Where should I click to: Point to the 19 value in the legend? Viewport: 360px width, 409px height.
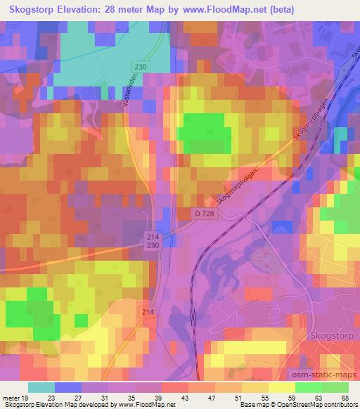pyautogui.click(x=26, y=398)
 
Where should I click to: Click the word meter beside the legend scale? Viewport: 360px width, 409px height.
pyautogui.click(x=11, y=398)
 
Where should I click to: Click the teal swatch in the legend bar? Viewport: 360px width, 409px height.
pyautogui.click(x=41, y=387)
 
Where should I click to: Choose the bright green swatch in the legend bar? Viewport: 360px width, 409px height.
pyautogui.click(x=309, y=387)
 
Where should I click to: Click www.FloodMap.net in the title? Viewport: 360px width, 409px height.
pyautogui.click(x=218, y=10)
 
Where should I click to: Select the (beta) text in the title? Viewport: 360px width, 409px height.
pyautogui.click(x=277, y=10)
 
